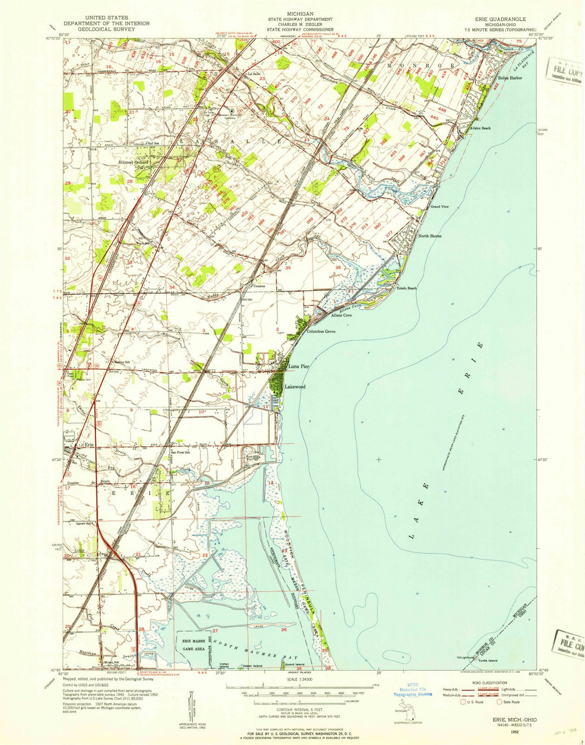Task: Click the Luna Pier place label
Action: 298,367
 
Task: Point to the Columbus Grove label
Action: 321,331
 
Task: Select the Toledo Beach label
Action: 407,288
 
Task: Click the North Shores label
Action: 430,236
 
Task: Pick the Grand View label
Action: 439,207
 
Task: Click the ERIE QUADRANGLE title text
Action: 500,19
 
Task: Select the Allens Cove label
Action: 341,315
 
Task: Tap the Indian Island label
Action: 224,665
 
